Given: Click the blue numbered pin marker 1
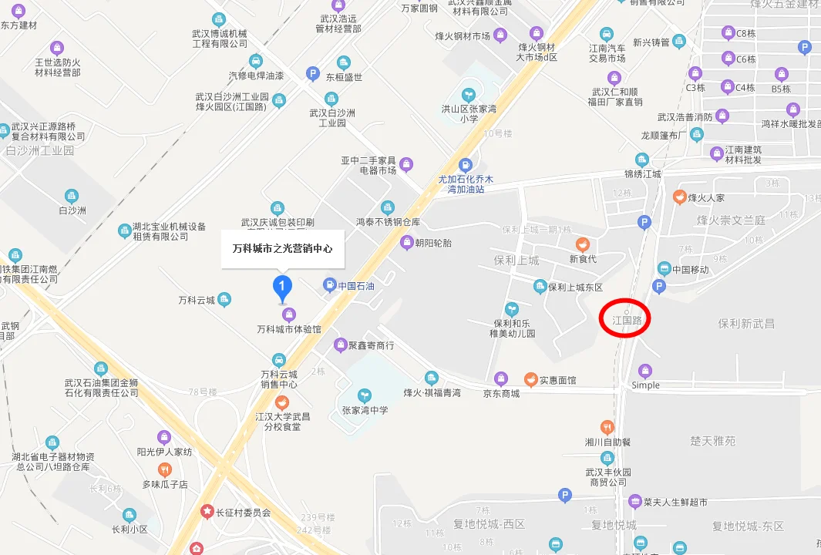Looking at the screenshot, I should point(283,288).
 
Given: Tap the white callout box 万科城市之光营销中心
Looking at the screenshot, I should point(282,249).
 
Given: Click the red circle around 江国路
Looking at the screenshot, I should point(626,318).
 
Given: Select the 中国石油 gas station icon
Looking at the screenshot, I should point(330,285).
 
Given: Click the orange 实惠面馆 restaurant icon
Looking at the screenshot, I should point(530,379).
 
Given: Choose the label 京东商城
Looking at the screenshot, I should point(501,393).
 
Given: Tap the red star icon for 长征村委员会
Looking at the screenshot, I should point(207,511).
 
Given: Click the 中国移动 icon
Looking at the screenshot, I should point(664,269).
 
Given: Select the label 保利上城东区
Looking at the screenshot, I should point(575,288).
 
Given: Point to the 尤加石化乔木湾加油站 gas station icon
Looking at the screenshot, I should point(465,165).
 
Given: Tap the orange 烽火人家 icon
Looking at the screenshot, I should point(679,197).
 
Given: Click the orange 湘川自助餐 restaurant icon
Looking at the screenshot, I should point(607,427).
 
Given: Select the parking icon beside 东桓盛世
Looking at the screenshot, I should point(312,74).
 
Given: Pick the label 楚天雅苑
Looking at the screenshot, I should point(712,441).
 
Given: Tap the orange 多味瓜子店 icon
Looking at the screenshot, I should point(164,469).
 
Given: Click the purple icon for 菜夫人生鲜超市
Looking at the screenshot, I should point(634,502).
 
